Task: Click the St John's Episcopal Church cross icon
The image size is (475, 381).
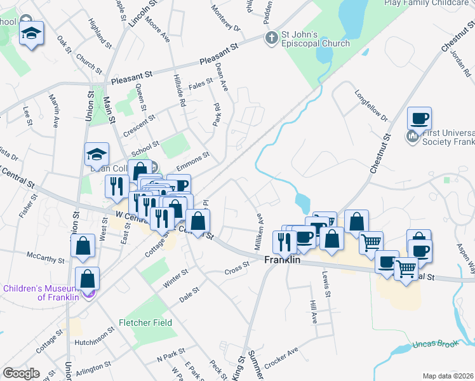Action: click(x=271, y=37)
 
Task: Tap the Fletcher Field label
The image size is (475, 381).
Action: click(x=145, y=323)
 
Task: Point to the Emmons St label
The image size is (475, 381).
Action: click(x=193, y=163)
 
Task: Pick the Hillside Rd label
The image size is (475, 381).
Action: click(x=180, y=90)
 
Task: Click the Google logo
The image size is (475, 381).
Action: click(x=22, y=373)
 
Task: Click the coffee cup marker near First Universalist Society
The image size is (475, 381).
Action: click(x=420, y=118)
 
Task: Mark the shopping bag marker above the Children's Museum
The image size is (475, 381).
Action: click(x=83, y=246)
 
